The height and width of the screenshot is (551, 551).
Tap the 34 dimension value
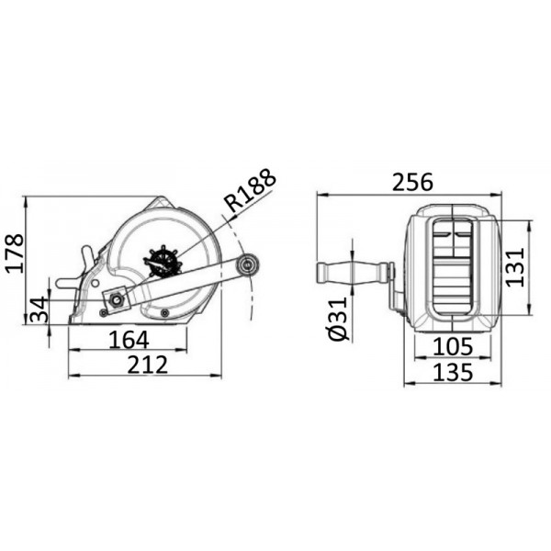39,310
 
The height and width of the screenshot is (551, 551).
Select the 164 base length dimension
129,340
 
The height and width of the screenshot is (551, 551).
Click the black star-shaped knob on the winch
163,260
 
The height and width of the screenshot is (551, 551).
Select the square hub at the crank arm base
117,299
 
